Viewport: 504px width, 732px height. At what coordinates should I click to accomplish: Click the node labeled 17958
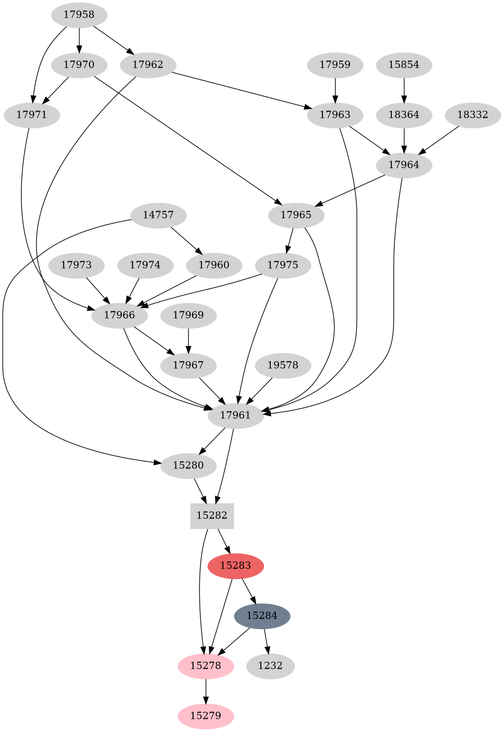pyautogui.click(x=79, y=15)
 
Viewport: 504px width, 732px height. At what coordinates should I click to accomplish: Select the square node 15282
pyautogui.click(x=212, y=515)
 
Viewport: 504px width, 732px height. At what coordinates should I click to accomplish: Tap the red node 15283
pyautogui.click(x=235, y=566)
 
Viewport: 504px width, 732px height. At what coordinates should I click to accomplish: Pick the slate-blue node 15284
pyautogui.click(x=262, y=616)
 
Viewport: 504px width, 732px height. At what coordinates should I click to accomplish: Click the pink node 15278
pyautogui.click(x=206, y=666)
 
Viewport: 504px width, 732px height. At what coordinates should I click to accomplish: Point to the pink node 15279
pyautogui.click(x=206, y=716)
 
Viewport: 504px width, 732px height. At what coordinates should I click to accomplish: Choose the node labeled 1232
pyautogui.click(x=270, y=666)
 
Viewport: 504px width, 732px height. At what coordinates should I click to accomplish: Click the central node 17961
pyautogui.click(x=235, y=415)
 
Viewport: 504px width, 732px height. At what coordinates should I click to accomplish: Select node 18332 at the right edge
pyautogui.click(x=473, y=115)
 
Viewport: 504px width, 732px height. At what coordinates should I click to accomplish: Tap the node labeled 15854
pyautogui.click(x=404, y=65)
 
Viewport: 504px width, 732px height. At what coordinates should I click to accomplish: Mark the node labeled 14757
pyautogui.click(x=158, y=215)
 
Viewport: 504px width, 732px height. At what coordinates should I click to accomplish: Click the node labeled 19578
pyautogui.click(x=283, y=365)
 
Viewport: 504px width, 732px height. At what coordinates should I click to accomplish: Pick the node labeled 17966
pyautogui.click(x=119, y=315)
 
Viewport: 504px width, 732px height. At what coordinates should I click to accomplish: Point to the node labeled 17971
pyautogui.click(x=32, y=115)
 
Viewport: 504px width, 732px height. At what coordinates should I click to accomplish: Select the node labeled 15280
pyautogui.click(x=188, y=465)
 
